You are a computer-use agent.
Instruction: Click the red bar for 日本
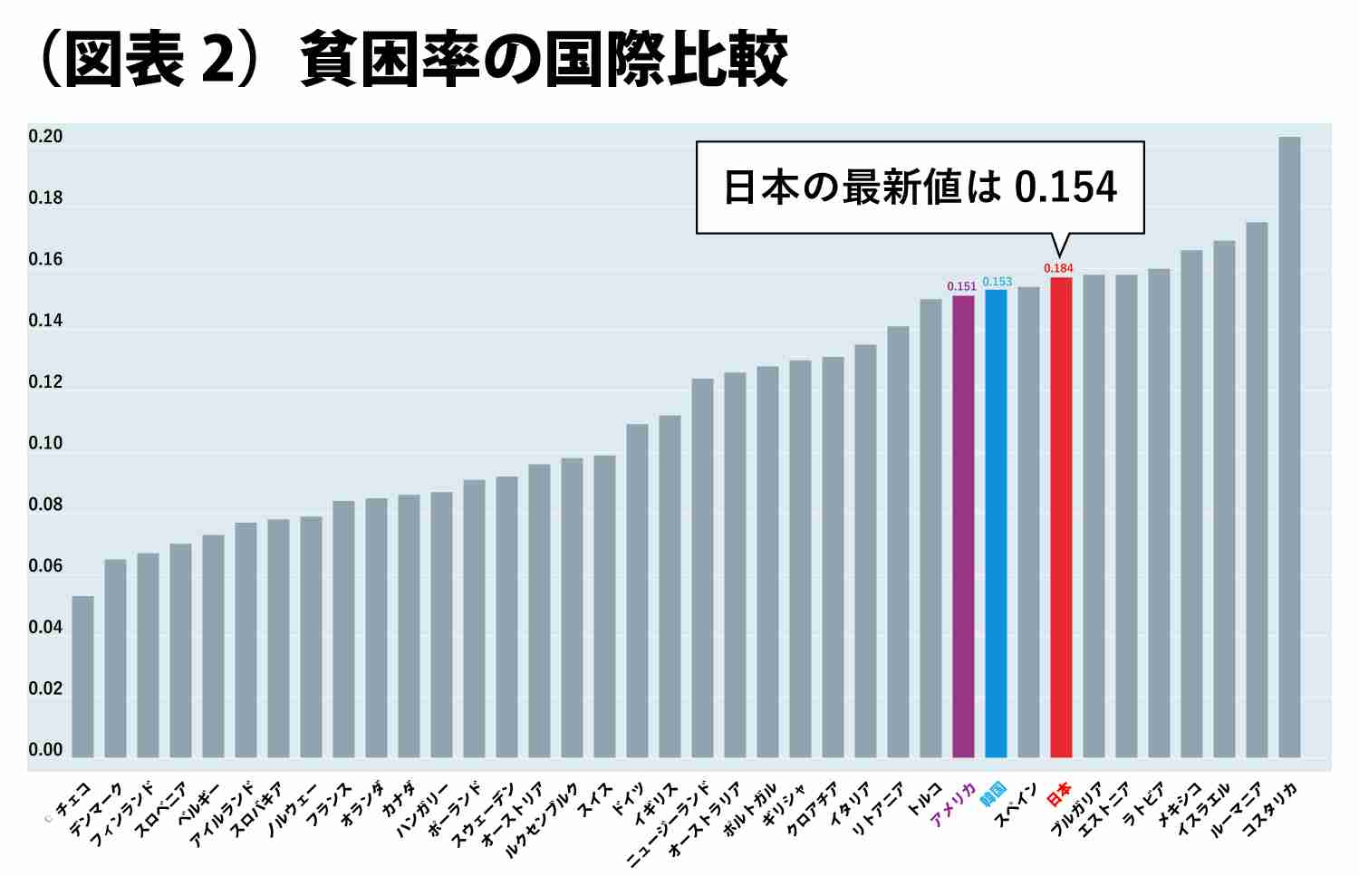click(1061, 517)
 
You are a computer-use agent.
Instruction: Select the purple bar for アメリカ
click(963, 526)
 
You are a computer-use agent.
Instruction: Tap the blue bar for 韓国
click(996, 524)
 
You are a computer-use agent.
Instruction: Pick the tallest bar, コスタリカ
click(1289, 448)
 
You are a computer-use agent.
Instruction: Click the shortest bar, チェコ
click(82, 677)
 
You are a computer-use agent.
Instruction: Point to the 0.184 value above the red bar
click(1058, 268)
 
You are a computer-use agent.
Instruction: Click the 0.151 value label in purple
click(962, 286)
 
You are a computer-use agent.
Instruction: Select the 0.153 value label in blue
click(998, 282)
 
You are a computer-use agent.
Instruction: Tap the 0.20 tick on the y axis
click(45, 137)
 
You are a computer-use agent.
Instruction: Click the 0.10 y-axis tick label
click(45, 443)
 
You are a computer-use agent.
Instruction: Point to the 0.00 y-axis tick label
click(45, 750)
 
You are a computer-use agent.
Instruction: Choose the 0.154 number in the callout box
click(1065, 187)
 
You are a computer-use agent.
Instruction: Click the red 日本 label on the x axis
click(1059, 794)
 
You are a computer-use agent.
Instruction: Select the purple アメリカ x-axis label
click(953, 804)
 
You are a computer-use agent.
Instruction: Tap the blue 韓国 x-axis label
click(993, 794)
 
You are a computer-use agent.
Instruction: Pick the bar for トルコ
click(930, 528)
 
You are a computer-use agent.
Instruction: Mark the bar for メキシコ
click(1191, 504)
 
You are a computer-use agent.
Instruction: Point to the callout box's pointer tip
click(1059, 256)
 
